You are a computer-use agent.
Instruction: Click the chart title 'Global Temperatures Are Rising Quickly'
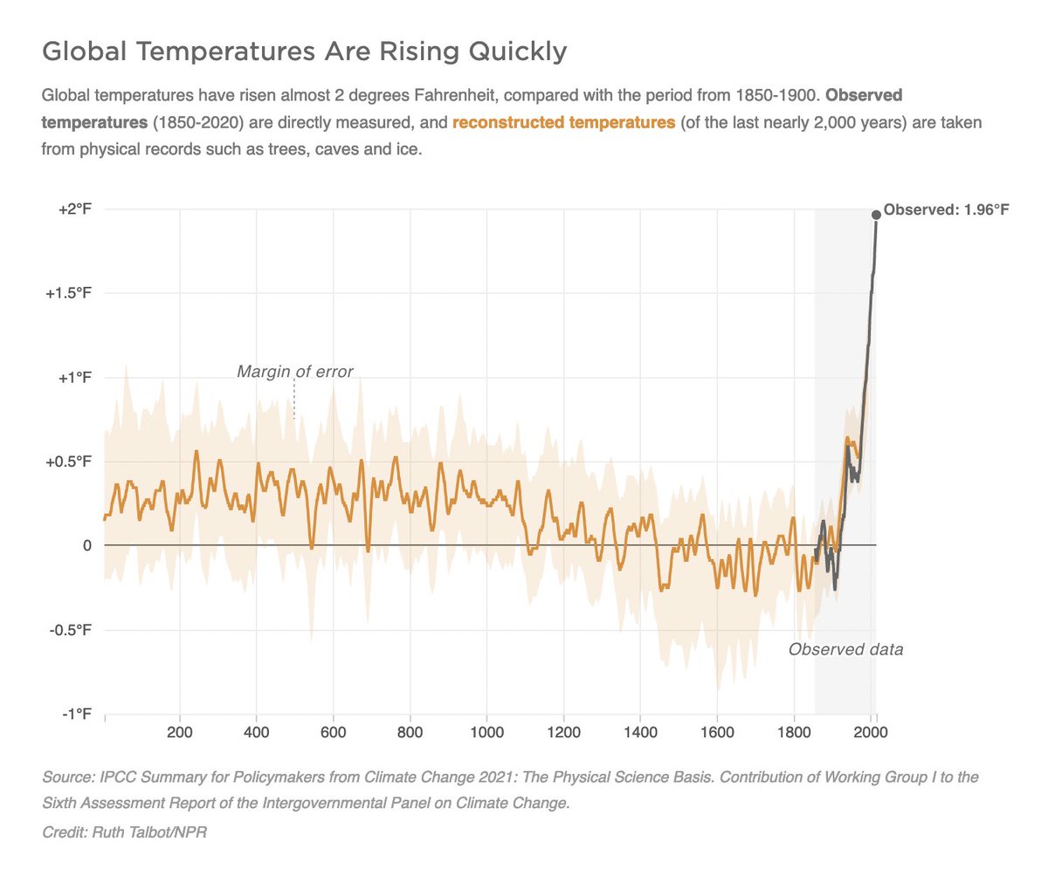(305, 53)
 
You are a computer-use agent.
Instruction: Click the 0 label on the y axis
(86, 545)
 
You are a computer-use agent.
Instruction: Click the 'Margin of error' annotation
(295, 373)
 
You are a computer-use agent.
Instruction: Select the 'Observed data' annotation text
(845, 650)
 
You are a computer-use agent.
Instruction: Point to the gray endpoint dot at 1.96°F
(876, 215)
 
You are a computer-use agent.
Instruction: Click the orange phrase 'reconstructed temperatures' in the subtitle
(563, 122)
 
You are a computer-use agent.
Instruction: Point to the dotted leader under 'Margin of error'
(294, 400)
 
